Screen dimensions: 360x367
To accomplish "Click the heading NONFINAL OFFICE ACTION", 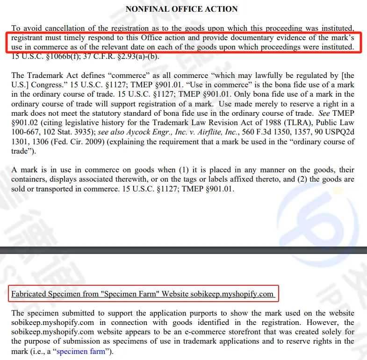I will click(x=181, y=9).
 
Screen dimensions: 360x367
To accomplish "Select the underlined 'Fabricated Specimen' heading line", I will click(x=142, y=294).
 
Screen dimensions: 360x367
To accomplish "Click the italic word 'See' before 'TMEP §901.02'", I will click(x=323, y=113).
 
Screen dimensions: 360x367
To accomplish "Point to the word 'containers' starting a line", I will click(x=29, y=179).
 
